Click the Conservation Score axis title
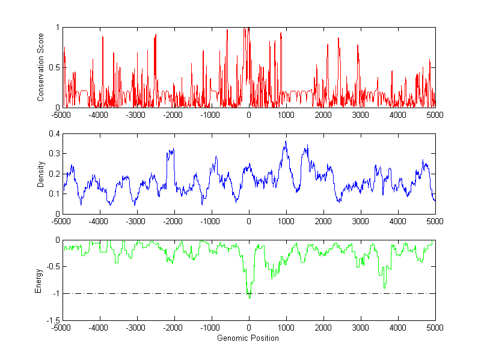(x=41, y=67)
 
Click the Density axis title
(x=41, y=174)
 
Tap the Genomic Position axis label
(x=248, y=338)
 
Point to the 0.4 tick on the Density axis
(x=54, y=134)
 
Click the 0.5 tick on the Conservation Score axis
(x=54, y=67)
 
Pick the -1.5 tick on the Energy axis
(x=53, y=320)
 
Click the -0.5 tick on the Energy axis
(x=53, y=267)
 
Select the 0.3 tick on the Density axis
(x=54, y=154)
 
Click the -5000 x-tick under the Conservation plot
(x=61, y=114)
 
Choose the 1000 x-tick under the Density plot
(x=286, y=221)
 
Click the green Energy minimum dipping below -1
(x=250, y=297)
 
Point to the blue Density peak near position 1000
(x=286, y=142)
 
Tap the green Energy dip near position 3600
(x=384, y=287)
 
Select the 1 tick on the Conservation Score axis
(x=57, y=28)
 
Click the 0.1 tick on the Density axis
(x=54, y=194)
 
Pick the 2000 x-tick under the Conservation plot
(x=323, y=114)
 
